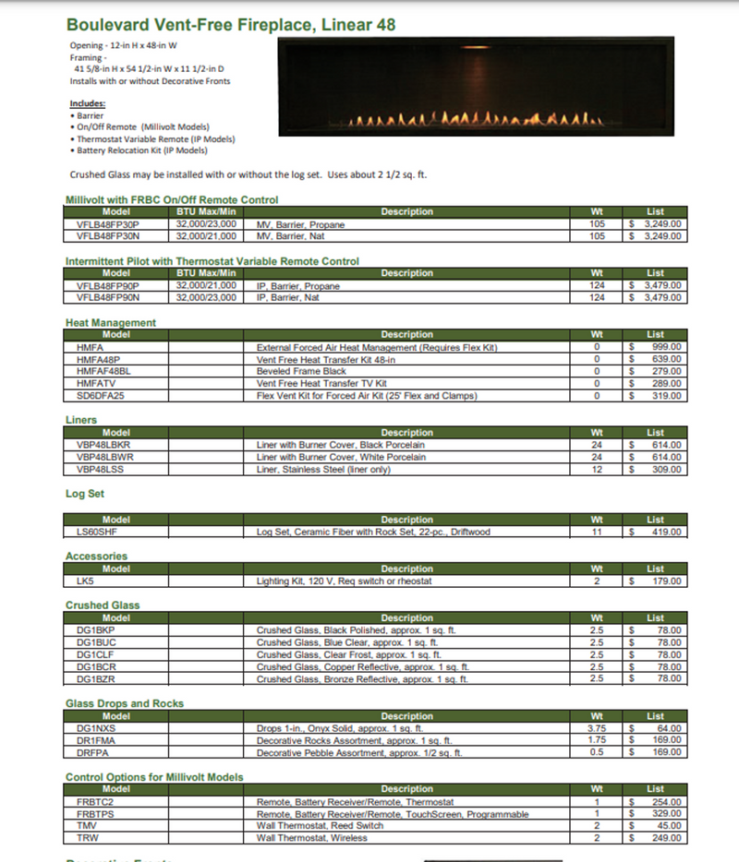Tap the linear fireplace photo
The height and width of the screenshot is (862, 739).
474,84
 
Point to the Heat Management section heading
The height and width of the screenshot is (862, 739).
111,323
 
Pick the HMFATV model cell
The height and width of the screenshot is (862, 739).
97,384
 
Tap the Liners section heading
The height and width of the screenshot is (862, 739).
81,421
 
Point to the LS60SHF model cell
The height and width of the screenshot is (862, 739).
97,533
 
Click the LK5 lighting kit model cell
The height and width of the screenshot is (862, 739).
85,581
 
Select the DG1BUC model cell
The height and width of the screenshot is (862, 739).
96,643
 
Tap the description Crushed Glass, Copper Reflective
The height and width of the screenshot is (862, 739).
363,667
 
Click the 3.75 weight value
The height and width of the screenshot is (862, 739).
597,729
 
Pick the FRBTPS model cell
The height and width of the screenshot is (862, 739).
95,815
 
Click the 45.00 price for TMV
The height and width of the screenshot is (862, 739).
667,827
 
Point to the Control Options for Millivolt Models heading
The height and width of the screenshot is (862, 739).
154,778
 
